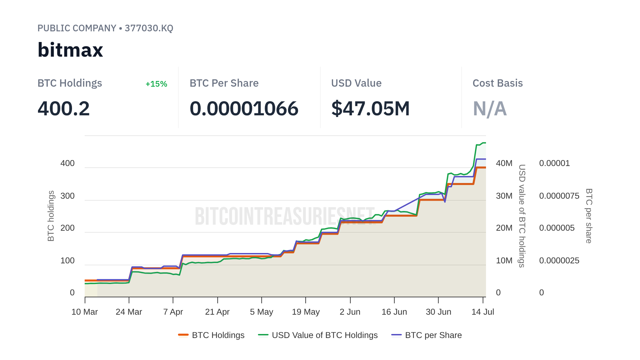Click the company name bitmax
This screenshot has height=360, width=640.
70,50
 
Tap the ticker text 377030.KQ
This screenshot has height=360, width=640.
149,28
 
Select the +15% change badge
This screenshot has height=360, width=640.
156,84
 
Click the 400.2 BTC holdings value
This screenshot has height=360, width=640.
64,109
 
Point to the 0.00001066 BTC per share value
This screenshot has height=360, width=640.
244,109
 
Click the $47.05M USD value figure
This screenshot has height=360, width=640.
370,109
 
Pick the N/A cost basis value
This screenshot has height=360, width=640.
490,109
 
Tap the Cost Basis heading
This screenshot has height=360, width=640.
498,83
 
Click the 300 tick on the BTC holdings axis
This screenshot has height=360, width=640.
67,196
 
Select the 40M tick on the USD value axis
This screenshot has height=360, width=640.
504,163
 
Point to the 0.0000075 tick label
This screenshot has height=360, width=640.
559,196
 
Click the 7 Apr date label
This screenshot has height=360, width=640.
173,312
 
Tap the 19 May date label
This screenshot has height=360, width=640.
306,312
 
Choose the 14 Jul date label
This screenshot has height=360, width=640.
483,312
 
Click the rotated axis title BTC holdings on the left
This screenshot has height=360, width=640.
51,216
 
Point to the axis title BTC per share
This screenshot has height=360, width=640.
589,216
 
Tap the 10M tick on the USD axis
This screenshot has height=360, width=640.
504,261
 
